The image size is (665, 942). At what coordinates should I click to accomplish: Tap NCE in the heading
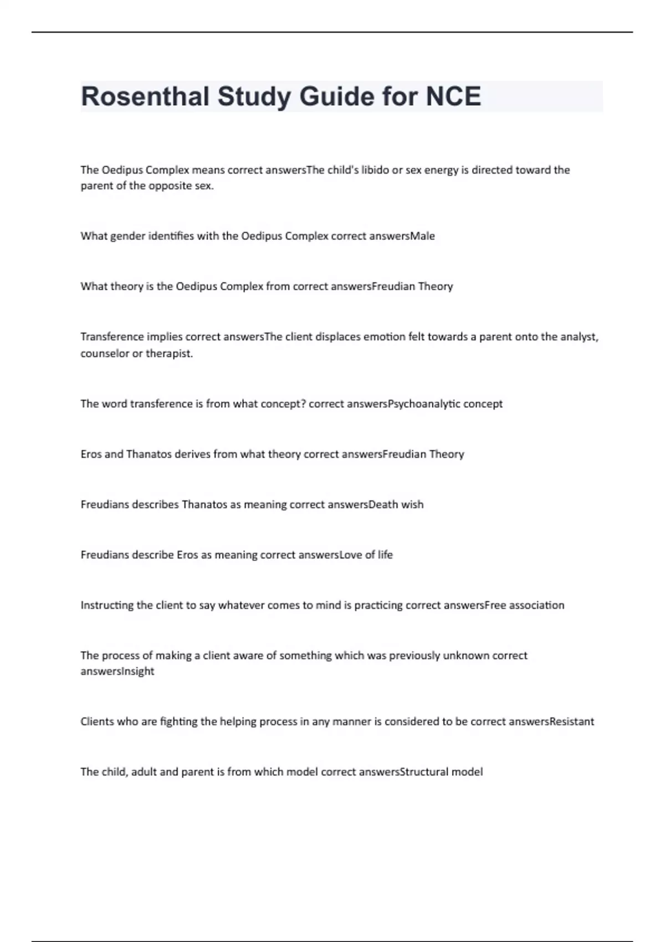point(453,96)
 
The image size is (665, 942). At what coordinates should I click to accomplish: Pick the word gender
point(127,237)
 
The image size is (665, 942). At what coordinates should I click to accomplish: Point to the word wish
point(412,505)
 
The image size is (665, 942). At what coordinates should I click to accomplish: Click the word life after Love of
point(385,555)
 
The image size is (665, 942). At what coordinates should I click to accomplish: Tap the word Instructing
point(108,605)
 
